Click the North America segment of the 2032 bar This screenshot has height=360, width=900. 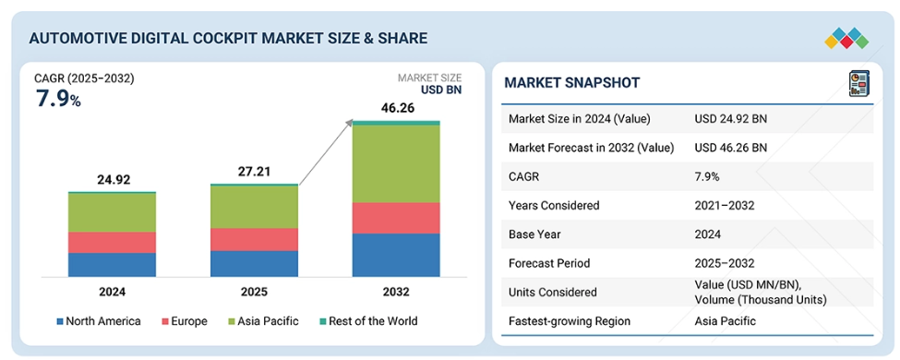396,255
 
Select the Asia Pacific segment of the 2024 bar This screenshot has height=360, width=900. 112,212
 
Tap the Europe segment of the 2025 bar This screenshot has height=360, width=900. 254,239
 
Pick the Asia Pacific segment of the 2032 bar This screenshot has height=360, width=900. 396,163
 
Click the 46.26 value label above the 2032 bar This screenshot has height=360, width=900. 397,108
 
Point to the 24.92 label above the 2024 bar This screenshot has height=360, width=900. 113,180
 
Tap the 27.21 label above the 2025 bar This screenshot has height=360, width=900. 254,172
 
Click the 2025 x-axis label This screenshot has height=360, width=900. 254,292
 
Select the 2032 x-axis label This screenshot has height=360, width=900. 396,292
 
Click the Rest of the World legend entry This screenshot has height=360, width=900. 367,321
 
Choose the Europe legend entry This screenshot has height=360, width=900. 184,321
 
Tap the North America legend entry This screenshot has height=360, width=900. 98,321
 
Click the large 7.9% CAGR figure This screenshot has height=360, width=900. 58,100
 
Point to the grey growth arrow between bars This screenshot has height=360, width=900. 326,152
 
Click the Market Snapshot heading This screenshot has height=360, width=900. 571,83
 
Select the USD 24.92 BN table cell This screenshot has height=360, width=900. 731,119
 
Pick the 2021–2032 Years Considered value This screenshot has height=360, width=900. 724,206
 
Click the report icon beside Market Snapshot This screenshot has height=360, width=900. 858,83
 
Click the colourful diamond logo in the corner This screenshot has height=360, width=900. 846,38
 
